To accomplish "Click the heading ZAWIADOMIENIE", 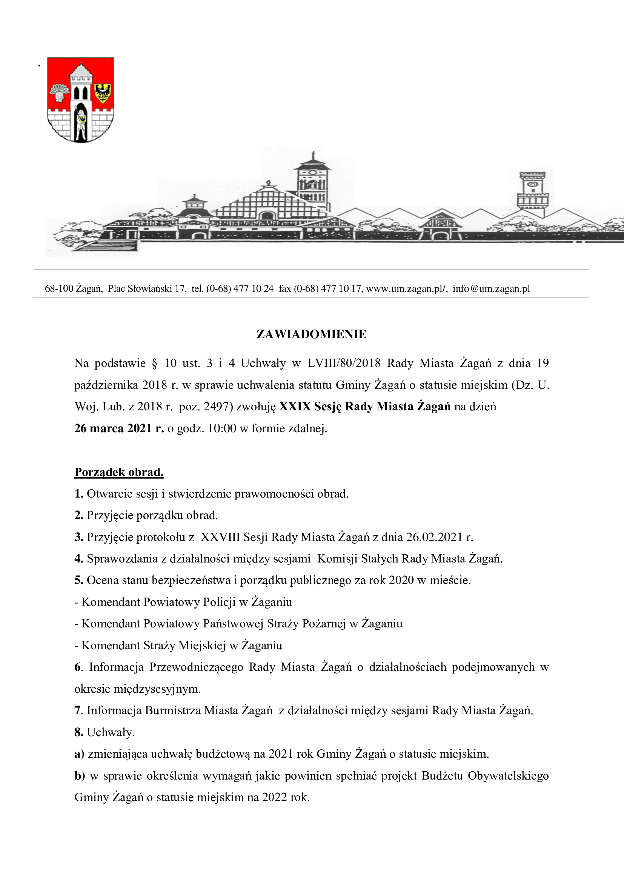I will pos(311,334).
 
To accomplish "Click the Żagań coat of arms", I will pos(80,100).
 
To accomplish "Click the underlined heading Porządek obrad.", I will pos(119,472).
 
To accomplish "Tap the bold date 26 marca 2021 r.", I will pos(119,428).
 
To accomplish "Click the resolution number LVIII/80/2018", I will pos(344,363).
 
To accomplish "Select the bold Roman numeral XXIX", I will pos(295,407).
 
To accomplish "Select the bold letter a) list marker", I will pos(79,754).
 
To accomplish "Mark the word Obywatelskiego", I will pos(508,776).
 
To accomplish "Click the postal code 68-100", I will pos(59,288).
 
